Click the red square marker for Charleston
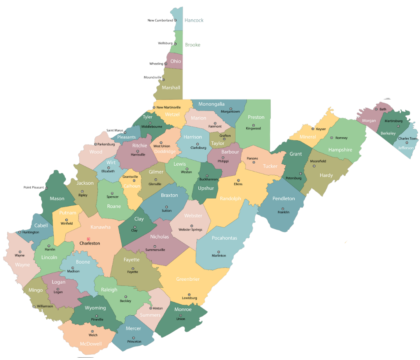tap(89, 239)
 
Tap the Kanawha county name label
tap(100, 227)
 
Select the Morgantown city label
tap(230, 112)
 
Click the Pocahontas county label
tap(224, 238)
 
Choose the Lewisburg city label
tap(189, 298)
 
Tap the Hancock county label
tap(194, 20)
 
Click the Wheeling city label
tap(156, 63)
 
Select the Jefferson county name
tap(406, 148)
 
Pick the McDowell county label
tap(91, 344)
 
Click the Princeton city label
tap(134, 342)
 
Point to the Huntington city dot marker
tap(19, 232)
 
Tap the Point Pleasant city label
tap(34, 187)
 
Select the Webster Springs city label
tap(190, 230)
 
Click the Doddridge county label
tap(165, 152)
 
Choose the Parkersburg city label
tap(106, 144)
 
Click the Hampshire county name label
tap(340, 150)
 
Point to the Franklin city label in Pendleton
tap(283, 212)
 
